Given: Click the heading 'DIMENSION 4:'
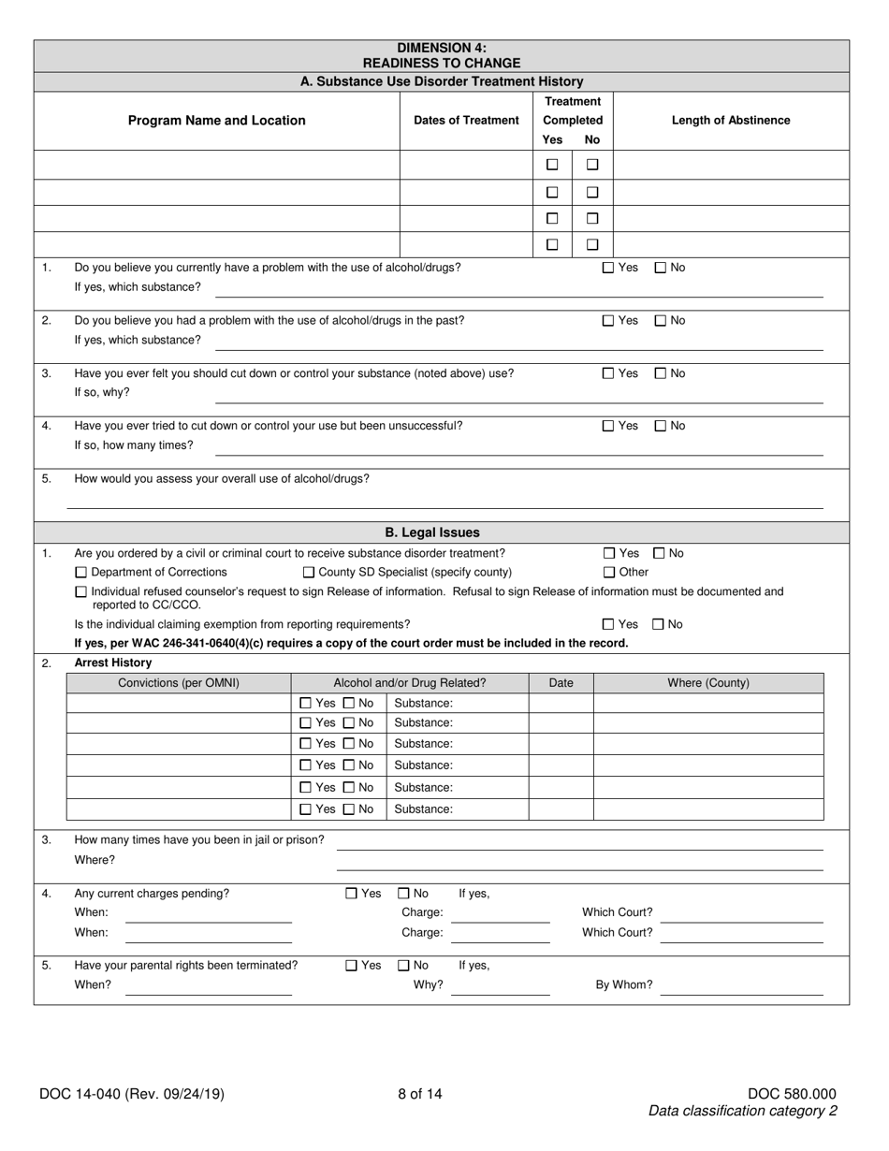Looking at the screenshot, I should pos(442,48).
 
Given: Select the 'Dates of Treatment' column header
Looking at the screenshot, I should pos(466,120).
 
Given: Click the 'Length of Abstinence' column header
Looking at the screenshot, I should pos(730,120).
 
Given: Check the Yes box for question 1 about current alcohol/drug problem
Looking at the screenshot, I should pos(608,268).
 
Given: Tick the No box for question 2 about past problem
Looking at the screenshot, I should pos(661,321).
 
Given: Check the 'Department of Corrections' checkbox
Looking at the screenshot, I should pos(80,572).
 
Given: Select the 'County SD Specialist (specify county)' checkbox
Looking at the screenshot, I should pos(309,572).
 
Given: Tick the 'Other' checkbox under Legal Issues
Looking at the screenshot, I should pos(609,572).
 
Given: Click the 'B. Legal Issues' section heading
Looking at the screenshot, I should pos(432,532).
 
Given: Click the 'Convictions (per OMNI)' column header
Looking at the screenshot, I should pos(179,683).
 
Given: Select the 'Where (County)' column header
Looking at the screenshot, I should pos(708,683).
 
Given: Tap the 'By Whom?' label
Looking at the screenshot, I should pos(624,984).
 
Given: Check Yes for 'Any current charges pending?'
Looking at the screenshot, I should pos(352,894).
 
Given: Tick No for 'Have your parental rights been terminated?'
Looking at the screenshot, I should pos(404,965).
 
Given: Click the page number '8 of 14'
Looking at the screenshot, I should pos(419,1093).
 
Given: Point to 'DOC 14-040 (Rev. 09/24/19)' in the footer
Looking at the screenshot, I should pos(132,1093).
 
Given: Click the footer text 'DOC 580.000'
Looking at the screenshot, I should pos(792,1093).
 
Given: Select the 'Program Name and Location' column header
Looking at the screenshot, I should pos(216,120).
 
